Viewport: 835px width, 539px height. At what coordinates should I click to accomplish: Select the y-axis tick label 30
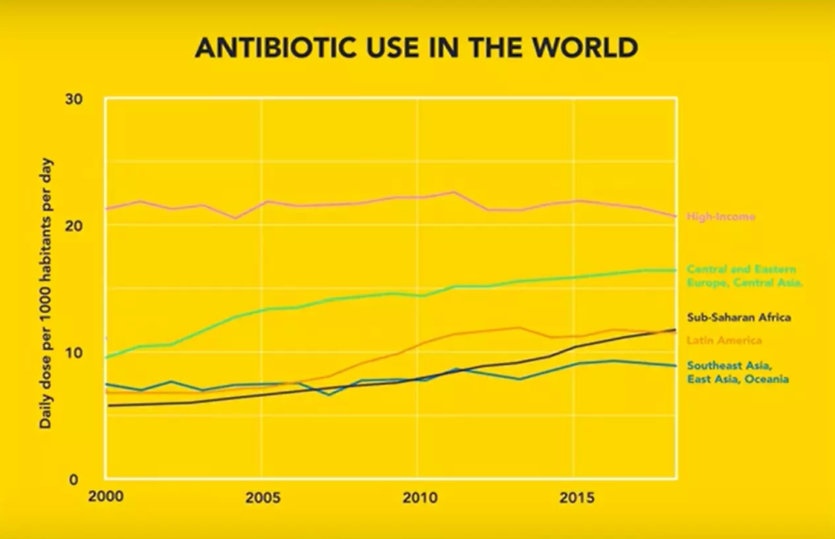(x=74, y=99)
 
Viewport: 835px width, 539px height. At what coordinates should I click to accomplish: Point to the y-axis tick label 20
(x=74, y=225)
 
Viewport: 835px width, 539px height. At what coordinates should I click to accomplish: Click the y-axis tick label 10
(x=74, y=353)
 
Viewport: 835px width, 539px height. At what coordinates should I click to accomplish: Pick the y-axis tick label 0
(x=74, y=479)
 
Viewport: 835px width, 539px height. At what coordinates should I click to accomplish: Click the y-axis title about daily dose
(x=46, y=294)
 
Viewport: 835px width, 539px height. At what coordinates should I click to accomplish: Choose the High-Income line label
(x=721, y=217)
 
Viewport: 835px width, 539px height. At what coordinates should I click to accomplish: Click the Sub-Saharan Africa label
(x=739, y=317)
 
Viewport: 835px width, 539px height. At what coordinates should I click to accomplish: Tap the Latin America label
(x=724, y=340)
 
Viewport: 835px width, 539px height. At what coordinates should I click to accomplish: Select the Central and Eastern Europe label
(x=744, y=276)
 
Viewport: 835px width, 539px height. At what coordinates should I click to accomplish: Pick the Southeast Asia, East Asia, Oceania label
(x=737, y=372)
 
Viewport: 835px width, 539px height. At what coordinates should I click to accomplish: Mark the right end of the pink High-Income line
(x=675, y=216)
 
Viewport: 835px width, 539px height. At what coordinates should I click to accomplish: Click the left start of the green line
(x=106, y=357)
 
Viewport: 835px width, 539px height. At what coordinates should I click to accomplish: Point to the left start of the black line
(x=108, y=406)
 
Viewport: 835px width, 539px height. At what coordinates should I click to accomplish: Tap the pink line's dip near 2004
(x=235, y=218)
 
